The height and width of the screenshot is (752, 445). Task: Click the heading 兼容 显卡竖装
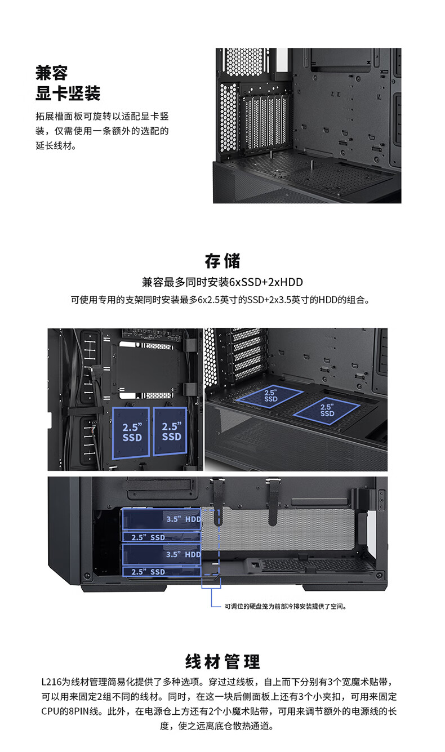[x=68, y=83]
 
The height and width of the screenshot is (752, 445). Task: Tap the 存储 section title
[x=222, y=261]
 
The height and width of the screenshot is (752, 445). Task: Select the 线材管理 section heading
[x=222, y=661]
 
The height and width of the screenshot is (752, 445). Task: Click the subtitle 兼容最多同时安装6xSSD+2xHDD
[x=222, y=282]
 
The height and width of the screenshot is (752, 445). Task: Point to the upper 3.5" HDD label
[x=184, y=519]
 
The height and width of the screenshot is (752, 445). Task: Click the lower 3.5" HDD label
[x=184, y=554]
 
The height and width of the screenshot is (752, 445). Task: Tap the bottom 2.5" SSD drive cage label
[x=148, y=572]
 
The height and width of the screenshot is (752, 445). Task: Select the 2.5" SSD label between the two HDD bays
[x=148, y=537]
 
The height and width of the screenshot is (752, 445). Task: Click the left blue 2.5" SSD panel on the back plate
[x=131, y=433]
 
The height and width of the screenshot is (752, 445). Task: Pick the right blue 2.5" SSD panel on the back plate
[x=170, y=431]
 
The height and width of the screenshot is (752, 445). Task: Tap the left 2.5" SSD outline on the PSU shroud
[x=270, y=397]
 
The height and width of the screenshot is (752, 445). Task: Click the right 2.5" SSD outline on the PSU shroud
[x=327, y=411]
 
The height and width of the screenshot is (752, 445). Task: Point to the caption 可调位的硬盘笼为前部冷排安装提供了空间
[x=285, y=606]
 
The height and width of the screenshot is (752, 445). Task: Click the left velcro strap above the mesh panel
[x=217, y=502]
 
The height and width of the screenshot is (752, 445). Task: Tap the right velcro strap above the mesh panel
[x=273, y=502]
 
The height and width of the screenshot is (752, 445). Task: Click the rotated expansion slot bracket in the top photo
[x=265, y=123]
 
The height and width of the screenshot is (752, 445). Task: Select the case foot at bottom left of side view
[x=124, y=588]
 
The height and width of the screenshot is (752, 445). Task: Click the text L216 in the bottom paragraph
[x=52, y=682]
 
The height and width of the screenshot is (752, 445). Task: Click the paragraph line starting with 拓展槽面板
[x=102, y=117]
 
